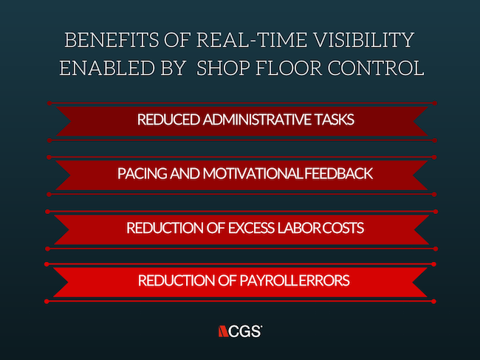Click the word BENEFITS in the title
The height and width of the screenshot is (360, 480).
coord(112,40)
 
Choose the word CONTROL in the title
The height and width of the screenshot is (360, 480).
coord(376,68)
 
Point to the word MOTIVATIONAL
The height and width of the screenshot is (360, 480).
coord(253,173)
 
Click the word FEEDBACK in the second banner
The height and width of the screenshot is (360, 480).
coord(338,173)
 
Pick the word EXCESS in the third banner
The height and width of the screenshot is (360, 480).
coord(251,228)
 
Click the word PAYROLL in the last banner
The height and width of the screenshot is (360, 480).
coord(269,280)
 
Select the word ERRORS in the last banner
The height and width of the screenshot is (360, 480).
coord(324,280)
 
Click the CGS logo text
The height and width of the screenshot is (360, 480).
coord(245,331)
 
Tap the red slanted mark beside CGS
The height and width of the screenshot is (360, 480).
coord(223,331)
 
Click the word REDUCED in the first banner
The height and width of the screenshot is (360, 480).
coord(168,120)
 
